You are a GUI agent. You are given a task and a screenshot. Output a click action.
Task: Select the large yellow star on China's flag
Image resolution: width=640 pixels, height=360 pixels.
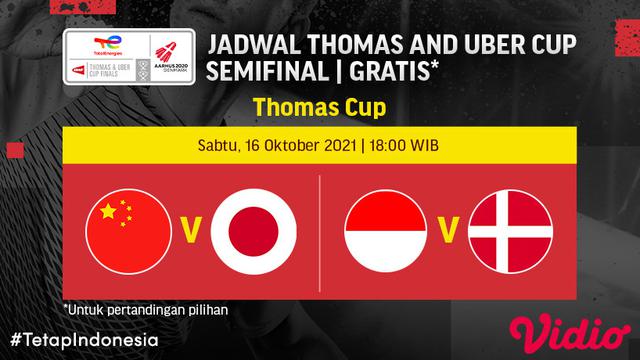[107, 213]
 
